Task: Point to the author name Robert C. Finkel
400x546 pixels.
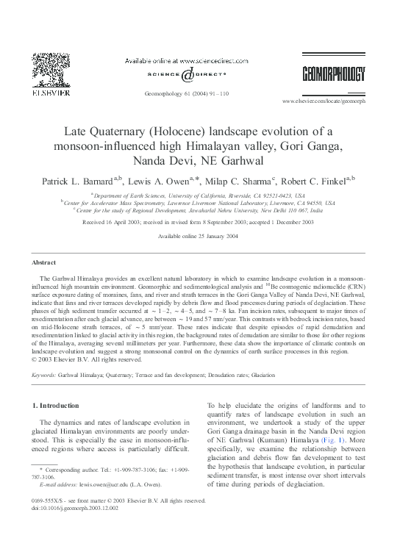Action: pos(321,179)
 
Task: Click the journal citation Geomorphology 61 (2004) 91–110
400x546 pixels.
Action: pos(199,94)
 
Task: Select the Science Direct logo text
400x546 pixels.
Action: pos(200,73)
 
